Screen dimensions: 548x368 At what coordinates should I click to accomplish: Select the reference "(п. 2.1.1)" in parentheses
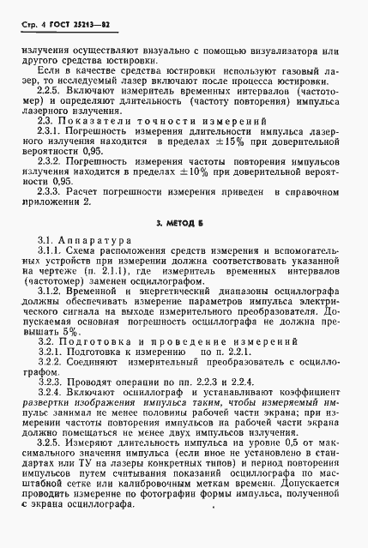click(131, 270)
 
